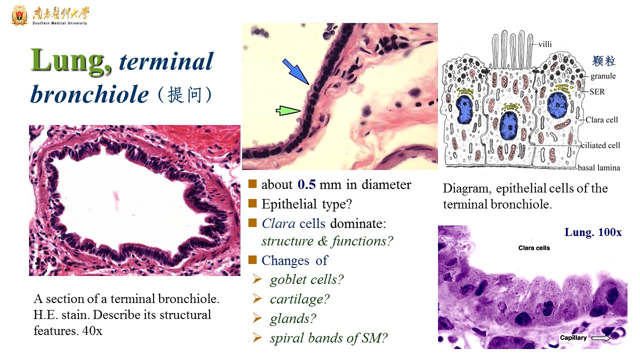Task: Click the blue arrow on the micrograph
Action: pyautogui.click(x=295, y=71)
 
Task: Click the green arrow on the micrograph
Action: pyautogui.click(x=288, y=110)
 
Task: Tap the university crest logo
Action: pyautogui.click(x=19, y=15)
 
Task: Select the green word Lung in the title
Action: pyautogui.click(x=71, y=61)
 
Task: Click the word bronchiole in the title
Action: pyautogui.click(x=89, y=94)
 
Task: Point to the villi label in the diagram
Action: pyautogui.click(x=545, y=44)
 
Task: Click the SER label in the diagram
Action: pyautogui.click(x=597, y=91)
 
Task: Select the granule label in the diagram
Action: pyautogui.click(x=603, y=76)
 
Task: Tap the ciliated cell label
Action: pyautogui.click(x=600, y=145)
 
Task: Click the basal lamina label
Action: pyautogui.click(x=598, y=167)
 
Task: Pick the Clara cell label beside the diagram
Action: pyautogui.click(x=601, y=119)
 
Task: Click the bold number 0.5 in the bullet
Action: pyautogui.click(x=306, y=184)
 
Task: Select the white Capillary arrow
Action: pyautogui.click(x=601, y=338)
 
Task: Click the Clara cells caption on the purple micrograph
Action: pyautogui.click(x=534, y=248)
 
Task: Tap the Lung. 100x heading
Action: pyautogui.click(x=593, y=232)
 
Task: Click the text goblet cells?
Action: pyautogui.click(x=307, y=279)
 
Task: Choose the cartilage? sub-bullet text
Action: pyautogui.click(x=299, y=299)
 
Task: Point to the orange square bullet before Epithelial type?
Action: pyautogui.click(x=252, y=203)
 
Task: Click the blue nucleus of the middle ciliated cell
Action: pyautogui.click(x=508, y=125)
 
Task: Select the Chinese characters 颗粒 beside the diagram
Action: pyautogui.click(x=603, y=61)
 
